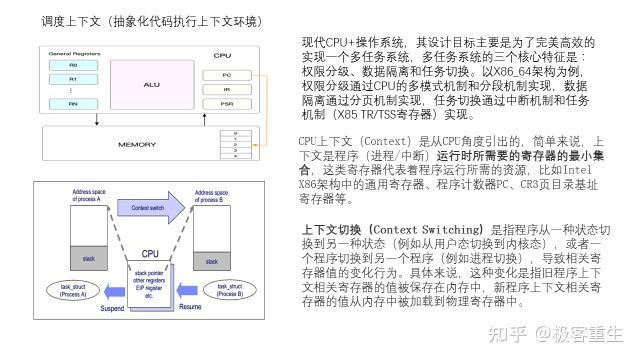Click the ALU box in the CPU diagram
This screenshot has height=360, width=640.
tap(151, 84)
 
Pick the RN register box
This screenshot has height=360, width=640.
tap(73, 103)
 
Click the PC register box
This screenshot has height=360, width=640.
tap(227, 74)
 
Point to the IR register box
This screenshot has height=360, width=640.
tap(227, 88)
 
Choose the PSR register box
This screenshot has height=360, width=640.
tap(227, 103)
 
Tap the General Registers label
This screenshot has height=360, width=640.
tap(74, 51)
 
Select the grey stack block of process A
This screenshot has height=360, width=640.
tap(87, 258)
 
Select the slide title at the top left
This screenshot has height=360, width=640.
tap(138, 21)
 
